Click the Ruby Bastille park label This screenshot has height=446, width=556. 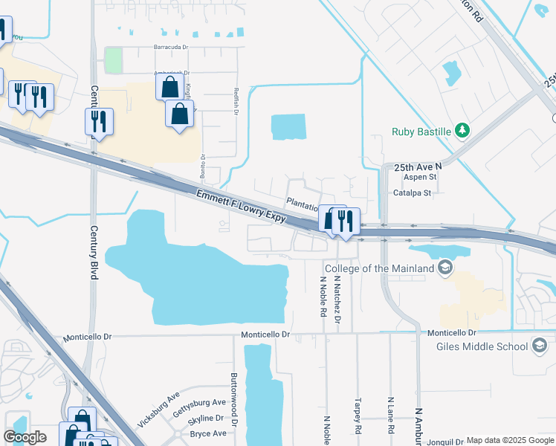[x=421, y=132]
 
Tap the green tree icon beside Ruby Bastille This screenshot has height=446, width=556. [x=462, y=132]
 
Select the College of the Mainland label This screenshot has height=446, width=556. [x=380, y=268]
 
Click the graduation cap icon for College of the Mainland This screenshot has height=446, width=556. [x=445, y=268]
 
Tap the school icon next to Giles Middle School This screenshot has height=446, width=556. [x=540, y=346]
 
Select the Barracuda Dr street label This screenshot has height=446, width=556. [x=170, y=48]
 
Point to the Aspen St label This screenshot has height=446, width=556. [x=419, y=178]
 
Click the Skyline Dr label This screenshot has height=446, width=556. [x=207, y=418]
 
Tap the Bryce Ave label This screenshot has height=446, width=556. [x=208, y=433]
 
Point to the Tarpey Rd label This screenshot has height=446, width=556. [x=358, y=419]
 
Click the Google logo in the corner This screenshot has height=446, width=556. [x=25, y=436]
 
